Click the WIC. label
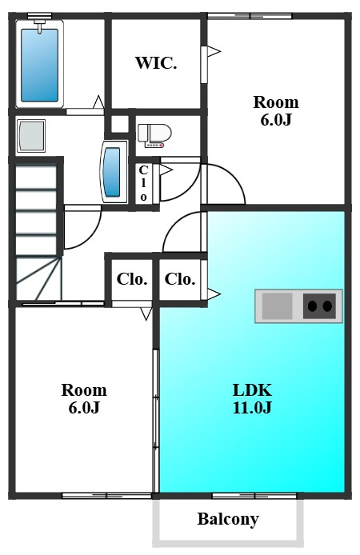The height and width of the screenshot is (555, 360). tap(156, 63)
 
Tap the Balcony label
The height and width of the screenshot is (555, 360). tap(228, 519)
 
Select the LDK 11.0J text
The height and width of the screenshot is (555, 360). tap(252, 398)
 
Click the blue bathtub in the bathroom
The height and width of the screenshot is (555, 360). tap(39, 65)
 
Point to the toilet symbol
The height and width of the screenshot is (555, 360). tap(154, 135)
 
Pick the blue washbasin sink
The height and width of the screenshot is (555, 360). tap(113, 172)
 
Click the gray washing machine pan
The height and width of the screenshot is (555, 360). tap(30, 136)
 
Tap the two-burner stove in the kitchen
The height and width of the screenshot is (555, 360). tap(320, 305)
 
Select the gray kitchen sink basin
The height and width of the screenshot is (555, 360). tap(277, 305)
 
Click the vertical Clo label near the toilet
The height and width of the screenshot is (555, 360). tap(143, 183)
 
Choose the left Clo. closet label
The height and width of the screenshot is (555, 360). tap(132, 279)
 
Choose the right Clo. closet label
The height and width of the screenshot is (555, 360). tap(180, 279)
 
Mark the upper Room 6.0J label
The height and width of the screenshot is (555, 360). tap(276, 111)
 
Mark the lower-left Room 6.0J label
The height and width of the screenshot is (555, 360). tap(84, 398)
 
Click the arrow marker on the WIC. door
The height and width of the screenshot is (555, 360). tap(214, 51)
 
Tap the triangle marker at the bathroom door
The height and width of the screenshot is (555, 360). tap(98, 102)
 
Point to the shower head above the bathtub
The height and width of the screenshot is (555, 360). tap(39, 26)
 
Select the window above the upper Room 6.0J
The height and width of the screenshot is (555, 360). tap(250, 16)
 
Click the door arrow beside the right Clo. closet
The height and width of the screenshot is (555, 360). tap(214, 293)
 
